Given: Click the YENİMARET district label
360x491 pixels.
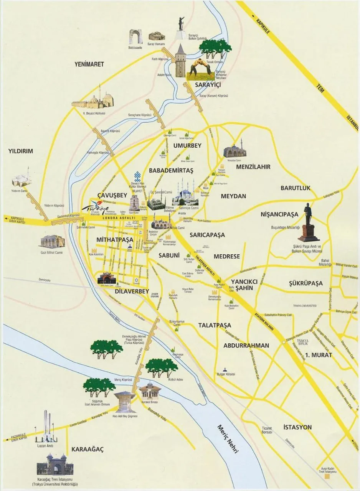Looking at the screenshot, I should click(89, 64).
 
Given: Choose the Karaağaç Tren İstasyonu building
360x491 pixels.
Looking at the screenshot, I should click(55, 465).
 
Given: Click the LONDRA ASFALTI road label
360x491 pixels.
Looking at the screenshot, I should click(119, 218).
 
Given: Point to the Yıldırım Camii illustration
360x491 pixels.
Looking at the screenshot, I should click(21, 178).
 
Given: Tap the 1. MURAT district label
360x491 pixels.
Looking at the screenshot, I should click(319, 355).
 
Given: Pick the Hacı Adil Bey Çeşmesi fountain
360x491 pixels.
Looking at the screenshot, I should click(125, 401).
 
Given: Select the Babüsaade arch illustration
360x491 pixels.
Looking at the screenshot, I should click(135, 36).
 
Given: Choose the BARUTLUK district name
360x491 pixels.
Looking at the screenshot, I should click(295, 188).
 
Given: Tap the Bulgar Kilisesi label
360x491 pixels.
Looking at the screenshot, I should click(225, 374).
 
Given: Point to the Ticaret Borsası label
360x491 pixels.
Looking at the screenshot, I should click(264, 430).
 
